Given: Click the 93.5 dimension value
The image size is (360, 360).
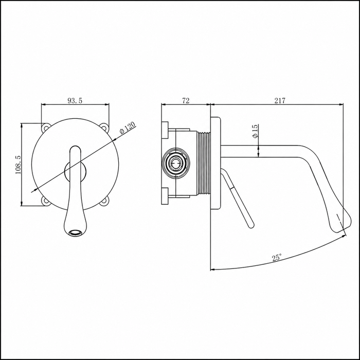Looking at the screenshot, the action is tap(75, 101).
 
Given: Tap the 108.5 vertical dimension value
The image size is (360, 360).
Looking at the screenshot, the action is tap(18, 165).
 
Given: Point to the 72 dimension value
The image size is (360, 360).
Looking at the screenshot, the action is tap(186, 101).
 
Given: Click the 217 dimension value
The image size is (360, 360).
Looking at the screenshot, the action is tap(280, 101).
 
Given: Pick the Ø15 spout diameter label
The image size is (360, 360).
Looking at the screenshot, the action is tap(255, 131).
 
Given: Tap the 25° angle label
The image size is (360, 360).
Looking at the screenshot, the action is tap(277, 258).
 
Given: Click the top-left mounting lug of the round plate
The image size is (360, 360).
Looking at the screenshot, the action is tap(46, 128).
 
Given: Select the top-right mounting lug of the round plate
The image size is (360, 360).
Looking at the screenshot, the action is tap(105, 128).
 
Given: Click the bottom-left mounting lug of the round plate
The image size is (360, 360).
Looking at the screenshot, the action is tap(46, 201).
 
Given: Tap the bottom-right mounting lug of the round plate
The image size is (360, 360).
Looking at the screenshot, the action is tap(105, 201).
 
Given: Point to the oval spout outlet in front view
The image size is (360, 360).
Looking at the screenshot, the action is tap(76, 232).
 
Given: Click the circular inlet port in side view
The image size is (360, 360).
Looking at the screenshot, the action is tap(176, 163).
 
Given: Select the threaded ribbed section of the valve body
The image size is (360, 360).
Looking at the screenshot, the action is tap(204, 164).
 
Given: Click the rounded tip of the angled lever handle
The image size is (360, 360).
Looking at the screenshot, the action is tap(251, 225).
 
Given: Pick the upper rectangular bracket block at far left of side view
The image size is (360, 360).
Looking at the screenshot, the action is tap(165, 130).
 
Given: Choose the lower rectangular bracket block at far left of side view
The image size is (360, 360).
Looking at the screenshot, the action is tap(165, 196).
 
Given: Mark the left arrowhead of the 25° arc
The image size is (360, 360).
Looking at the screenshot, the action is tap(213, 269).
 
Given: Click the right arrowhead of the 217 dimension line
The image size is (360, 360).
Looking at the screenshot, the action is tap(341, 105).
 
